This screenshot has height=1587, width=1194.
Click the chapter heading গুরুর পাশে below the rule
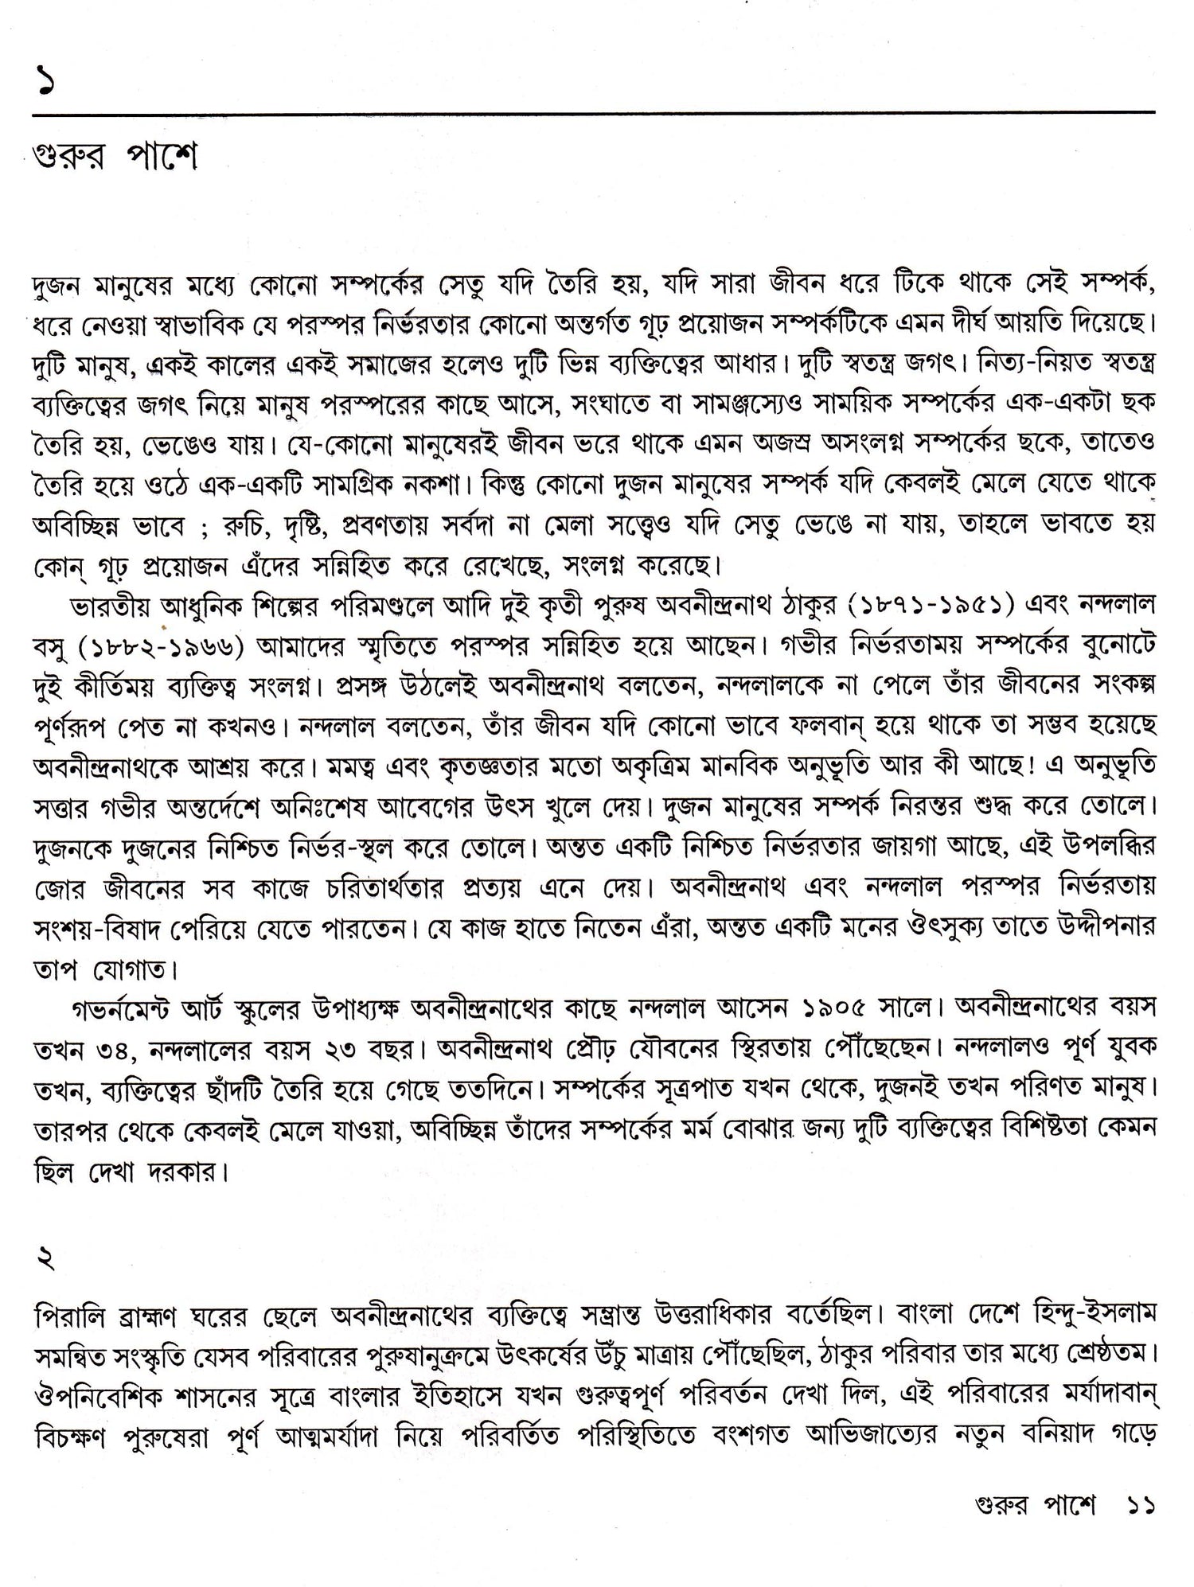point(116,158)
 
